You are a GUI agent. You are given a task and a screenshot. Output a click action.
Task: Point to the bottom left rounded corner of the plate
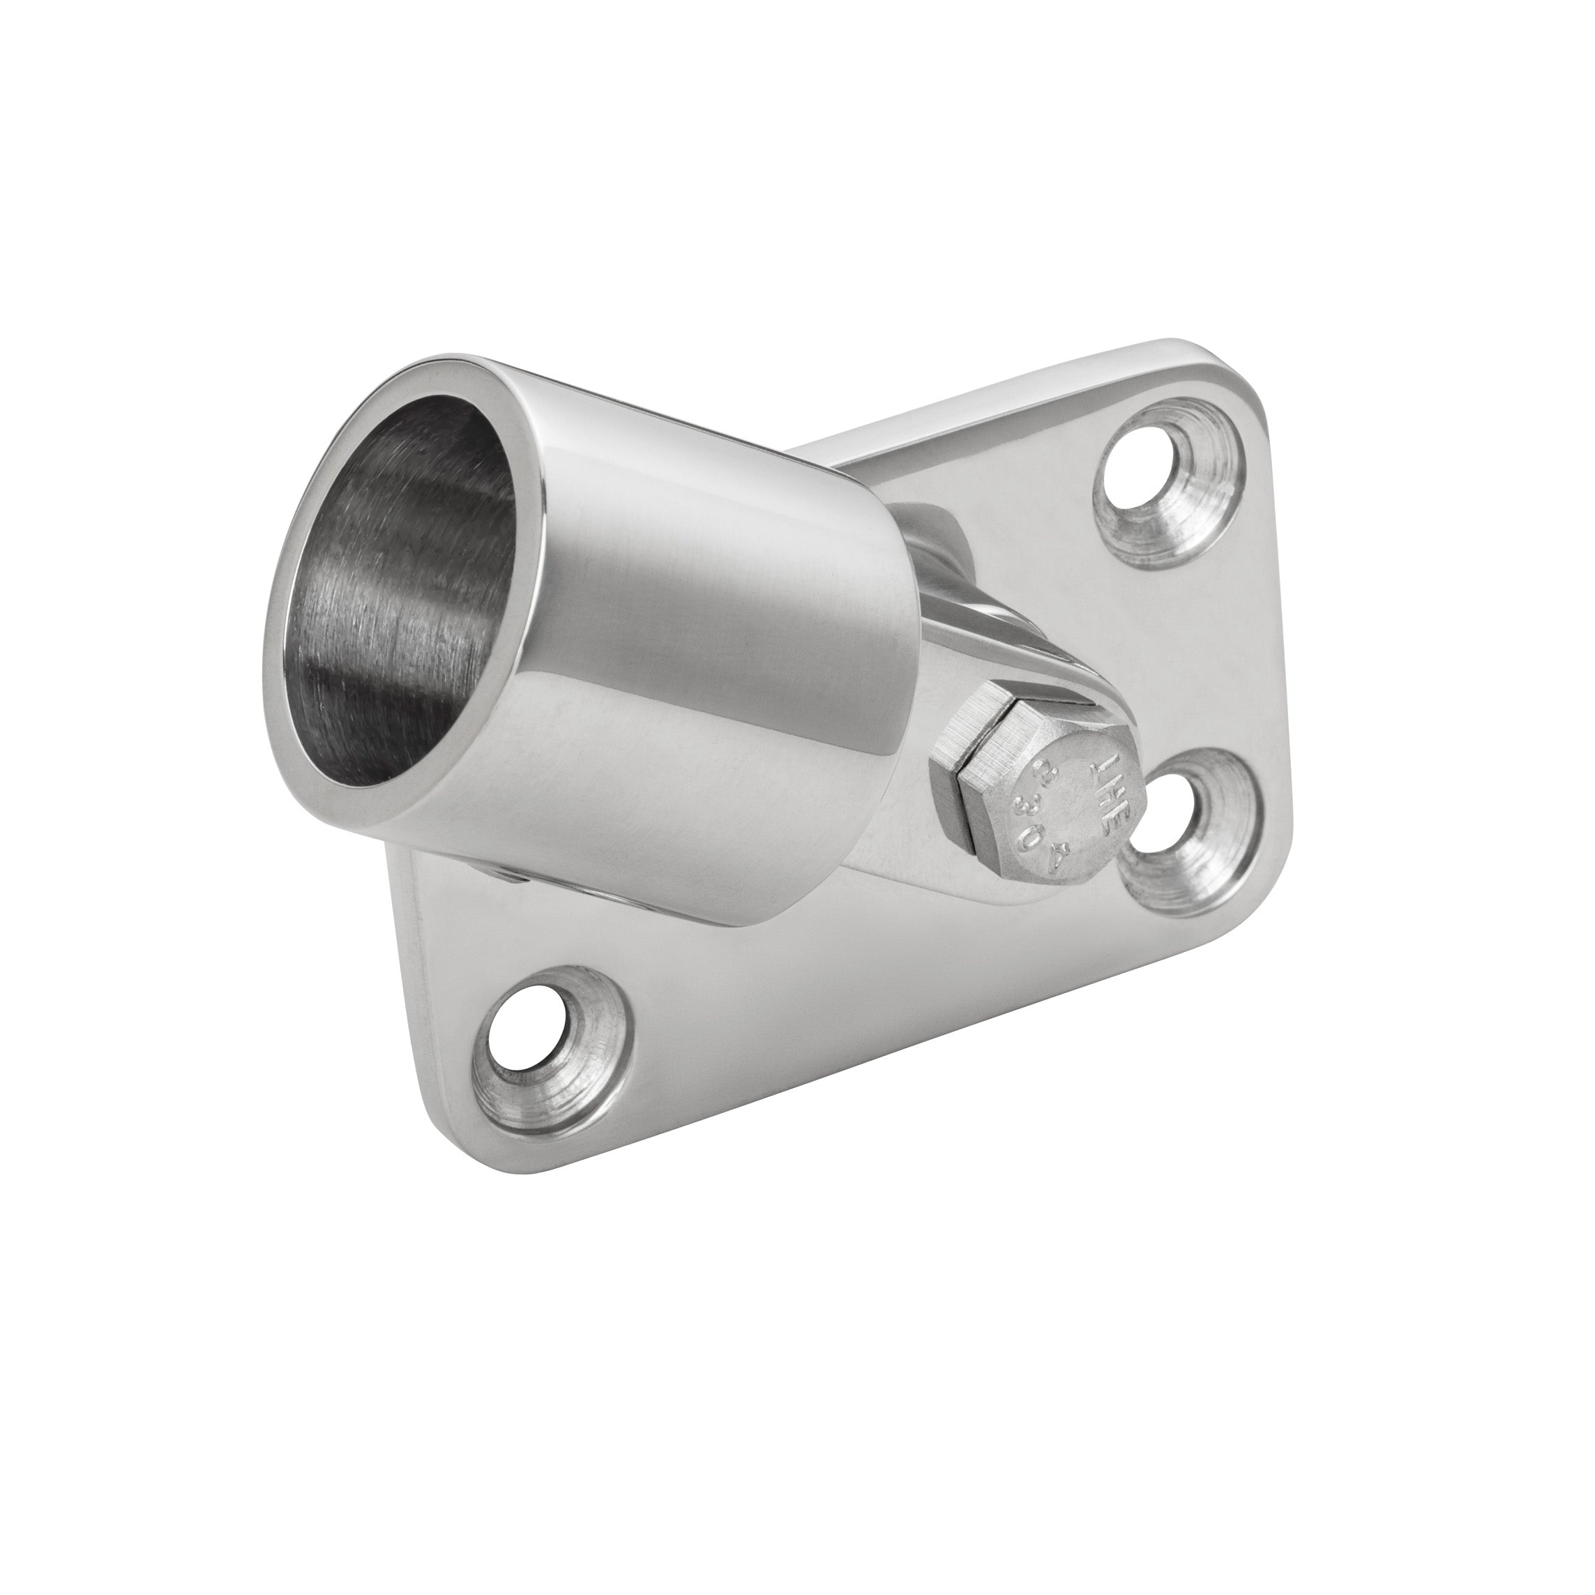(x=462, y=1106)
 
